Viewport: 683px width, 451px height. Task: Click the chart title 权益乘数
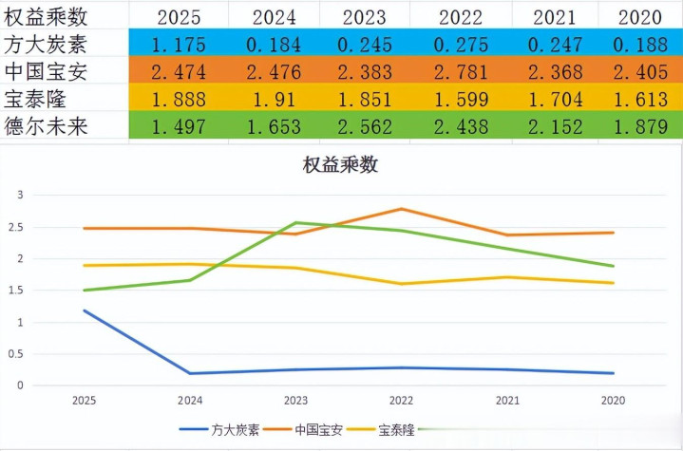coord(340,164)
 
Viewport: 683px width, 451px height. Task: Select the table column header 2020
coord(640,16)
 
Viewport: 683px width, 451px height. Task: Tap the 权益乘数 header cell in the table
coord(47,16)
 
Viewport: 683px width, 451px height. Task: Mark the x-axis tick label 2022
coord(401,401)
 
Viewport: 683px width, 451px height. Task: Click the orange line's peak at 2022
coord(401,209)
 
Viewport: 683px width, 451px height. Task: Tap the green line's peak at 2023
coord(296,223)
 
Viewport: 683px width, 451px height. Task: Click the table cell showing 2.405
coord(640,71)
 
